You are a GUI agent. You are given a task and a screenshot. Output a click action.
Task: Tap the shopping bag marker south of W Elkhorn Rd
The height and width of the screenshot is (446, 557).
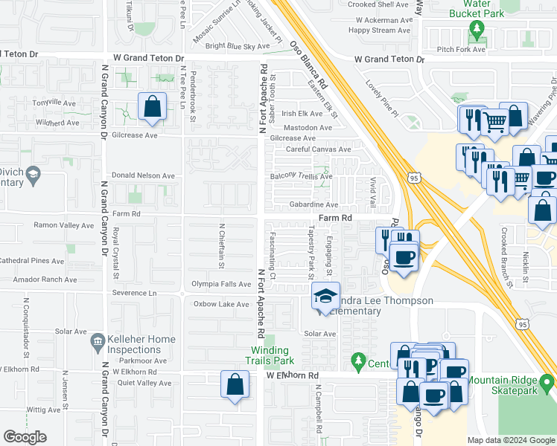(x=235, y=386)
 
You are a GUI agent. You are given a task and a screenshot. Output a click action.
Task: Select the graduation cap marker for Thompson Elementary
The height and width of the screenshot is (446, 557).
(x=325, y=297)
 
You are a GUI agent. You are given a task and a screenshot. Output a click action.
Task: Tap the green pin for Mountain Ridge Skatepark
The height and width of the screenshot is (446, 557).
(x=547, y=384)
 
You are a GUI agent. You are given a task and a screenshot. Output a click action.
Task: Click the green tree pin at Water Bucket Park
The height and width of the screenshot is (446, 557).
(x=477, y=30)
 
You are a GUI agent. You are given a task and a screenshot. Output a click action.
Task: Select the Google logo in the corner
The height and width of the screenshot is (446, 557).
(x=25, y=437)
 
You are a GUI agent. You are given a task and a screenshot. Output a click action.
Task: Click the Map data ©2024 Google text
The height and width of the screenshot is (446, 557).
(x=509, y=440)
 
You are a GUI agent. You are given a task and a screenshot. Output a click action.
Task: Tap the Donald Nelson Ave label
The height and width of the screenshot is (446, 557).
(x=143, y=176)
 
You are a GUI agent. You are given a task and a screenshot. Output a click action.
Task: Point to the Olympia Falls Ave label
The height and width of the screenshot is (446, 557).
(x=221, y=284)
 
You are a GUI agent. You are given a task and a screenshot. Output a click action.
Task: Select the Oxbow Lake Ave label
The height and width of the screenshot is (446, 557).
(x=221, y=304)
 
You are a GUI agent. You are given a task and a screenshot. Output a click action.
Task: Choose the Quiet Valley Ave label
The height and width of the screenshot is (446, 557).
(x=144, y=384)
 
